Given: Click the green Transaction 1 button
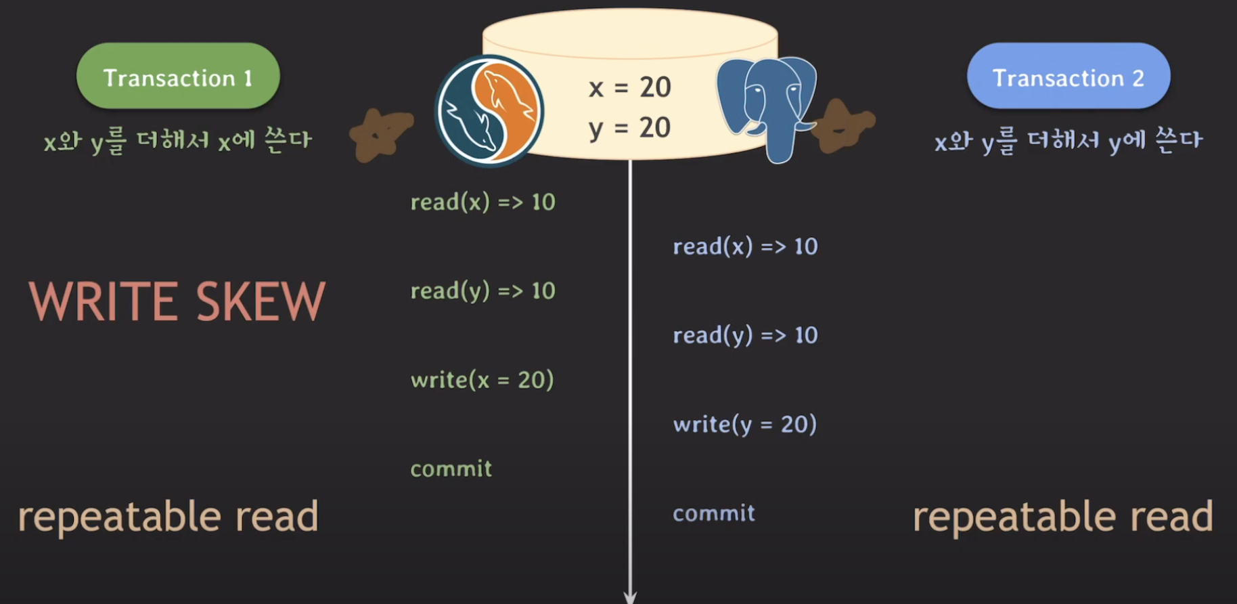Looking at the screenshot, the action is tap(178, 77).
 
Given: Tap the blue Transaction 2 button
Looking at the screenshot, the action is tap(1068, 77).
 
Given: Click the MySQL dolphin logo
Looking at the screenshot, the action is tap(489, 110).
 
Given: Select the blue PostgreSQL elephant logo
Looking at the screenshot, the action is tap(767, 105).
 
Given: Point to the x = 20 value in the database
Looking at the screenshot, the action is tap(629, 87).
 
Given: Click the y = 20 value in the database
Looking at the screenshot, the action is tap(629, 128).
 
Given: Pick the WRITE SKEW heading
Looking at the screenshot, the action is tap(177, 301).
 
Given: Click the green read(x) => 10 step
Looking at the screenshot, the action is tap(482, 202).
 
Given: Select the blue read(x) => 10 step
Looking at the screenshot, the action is tap(745, 246).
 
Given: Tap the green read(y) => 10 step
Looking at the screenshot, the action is tap(482, 291).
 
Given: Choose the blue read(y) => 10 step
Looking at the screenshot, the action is tap(745, 335).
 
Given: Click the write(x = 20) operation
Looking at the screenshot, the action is tap(482, 380).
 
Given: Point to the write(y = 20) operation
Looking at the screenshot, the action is tap(744, 425).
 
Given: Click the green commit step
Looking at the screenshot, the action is tap(451, 469).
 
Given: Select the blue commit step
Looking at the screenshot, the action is tap(713, 513).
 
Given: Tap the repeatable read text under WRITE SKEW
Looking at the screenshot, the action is tap(168, 517).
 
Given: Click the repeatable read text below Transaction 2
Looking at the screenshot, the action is tap(1062, 517).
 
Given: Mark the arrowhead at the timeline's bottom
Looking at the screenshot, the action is tap(630, 597).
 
